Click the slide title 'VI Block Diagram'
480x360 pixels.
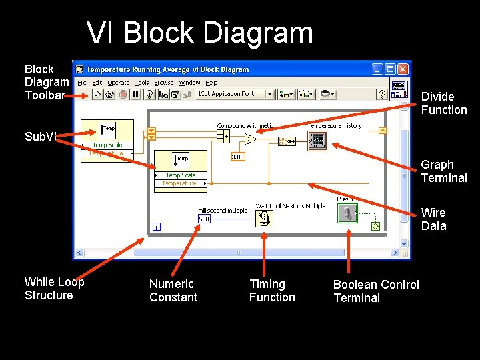coord(199,33)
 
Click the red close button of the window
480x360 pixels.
coord(403,69)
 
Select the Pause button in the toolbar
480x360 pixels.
coord(135,95)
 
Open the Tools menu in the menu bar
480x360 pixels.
coord(142,83)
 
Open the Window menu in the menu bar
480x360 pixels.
coord(189,83)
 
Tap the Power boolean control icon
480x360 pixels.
coord(346,213)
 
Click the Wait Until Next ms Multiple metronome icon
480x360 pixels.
coord(264,219)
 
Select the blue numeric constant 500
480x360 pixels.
coord(204,219)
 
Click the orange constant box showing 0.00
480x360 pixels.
coord(237,157)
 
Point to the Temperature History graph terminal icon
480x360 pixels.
coord(317,139)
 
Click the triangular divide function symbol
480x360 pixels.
coord(250,139)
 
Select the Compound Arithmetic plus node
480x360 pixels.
coord(223,136)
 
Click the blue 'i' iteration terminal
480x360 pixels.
coord(157,227)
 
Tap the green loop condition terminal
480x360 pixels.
coord(375,227)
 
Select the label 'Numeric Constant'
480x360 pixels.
coord(173,291)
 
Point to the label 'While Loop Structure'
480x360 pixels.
coord(54,289)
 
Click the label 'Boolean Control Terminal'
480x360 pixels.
coord(376,291)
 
